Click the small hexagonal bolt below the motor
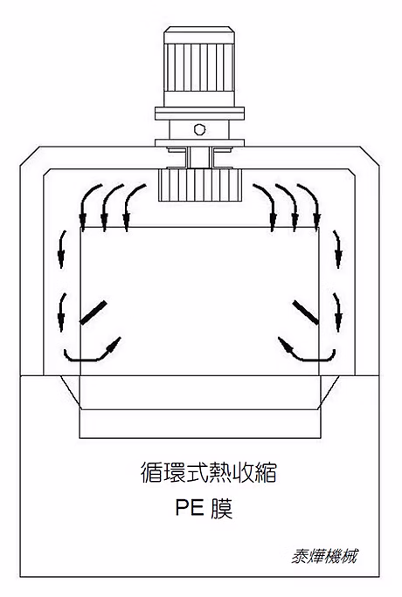(199, 129)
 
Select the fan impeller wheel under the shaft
(199, 185)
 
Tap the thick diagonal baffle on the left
(93, 312)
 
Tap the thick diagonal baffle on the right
(306, 312)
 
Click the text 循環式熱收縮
(209, 472)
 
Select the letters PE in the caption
(190, 507)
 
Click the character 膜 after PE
(221, 508)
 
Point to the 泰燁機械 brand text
(324, 556)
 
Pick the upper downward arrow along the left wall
(61, 250)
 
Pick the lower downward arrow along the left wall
(61, 312)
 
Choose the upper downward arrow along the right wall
(337, 250)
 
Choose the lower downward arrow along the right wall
(337, 312)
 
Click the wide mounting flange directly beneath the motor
(199, 113)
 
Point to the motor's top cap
(199, 35)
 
